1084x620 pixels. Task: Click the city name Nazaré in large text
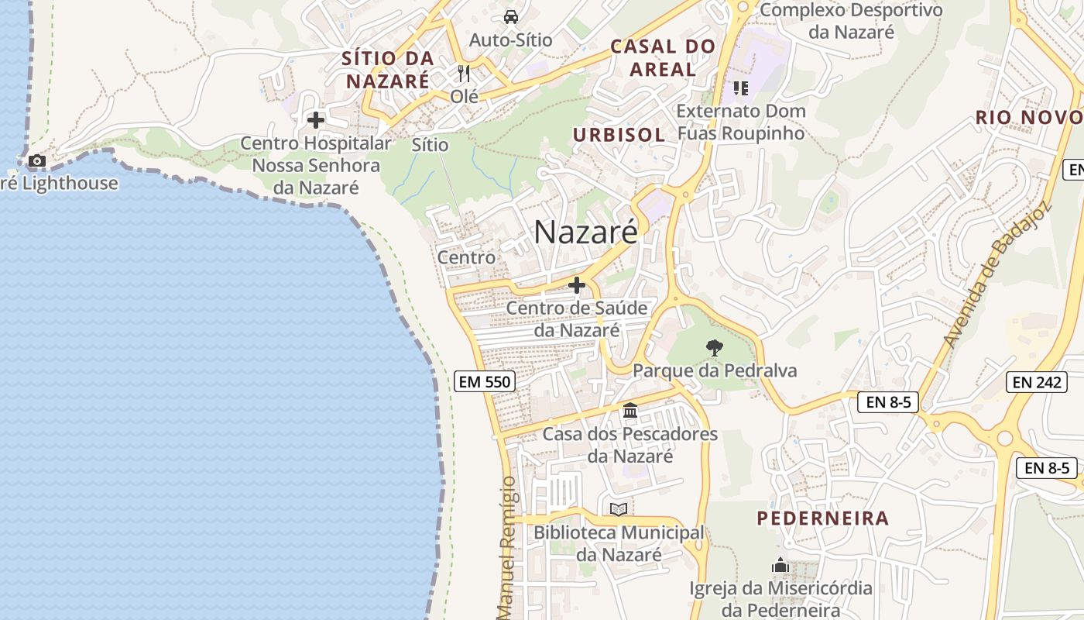(585, 232)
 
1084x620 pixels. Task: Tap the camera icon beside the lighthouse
(36, 161)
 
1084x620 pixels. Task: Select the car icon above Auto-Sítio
(510, 16)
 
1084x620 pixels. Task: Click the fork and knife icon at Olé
(464, 74)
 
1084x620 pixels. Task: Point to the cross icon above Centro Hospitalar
(316, 120)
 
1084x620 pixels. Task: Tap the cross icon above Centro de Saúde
(577, 285)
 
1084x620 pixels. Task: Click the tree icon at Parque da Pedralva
(714, 348)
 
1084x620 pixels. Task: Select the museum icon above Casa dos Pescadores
(630, 410)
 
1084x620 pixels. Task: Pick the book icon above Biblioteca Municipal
(618, 509)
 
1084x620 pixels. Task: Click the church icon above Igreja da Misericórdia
(780, 565)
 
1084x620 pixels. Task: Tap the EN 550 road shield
(485, 381)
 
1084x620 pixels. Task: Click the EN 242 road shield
(1038, 381)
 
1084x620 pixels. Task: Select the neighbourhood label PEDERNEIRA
(822, 518)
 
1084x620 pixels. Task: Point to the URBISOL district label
(619, 134)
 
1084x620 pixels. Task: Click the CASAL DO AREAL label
(663, 57)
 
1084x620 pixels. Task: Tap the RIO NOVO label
(1028, 117)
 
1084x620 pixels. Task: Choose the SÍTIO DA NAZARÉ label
(387, 69)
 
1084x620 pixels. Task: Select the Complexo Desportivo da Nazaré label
(851, 21)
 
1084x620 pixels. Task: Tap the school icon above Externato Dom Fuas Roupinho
(741, 88)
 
